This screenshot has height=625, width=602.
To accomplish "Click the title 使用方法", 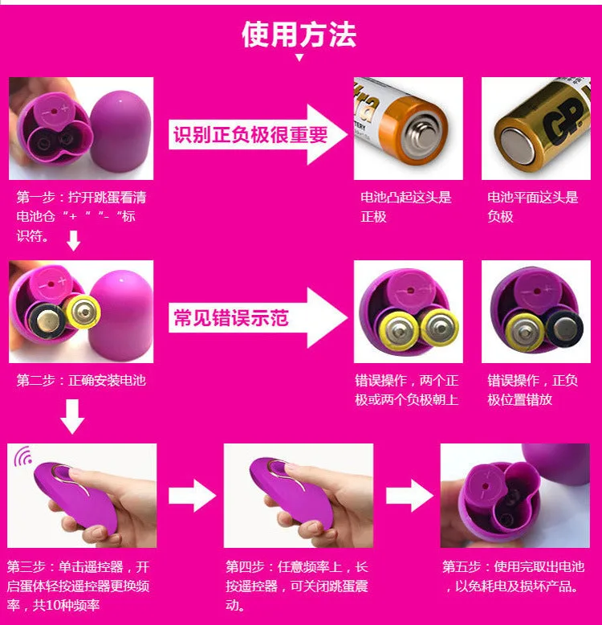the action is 299,35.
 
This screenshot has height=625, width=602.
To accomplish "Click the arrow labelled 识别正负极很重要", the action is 257,134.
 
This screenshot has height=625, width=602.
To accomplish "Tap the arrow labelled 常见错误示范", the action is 257,317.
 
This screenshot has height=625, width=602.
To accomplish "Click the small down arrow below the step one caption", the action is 73,240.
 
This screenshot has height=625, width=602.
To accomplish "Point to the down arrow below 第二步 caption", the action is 72,417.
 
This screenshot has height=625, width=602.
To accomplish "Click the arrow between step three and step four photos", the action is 193,496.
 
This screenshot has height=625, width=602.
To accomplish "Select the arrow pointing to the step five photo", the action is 409,496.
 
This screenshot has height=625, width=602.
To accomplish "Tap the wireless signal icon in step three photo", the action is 23,456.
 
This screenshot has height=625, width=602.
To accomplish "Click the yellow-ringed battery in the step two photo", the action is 83,311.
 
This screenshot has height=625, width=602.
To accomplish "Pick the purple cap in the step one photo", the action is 121,132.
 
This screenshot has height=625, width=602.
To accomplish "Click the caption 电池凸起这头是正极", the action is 405,206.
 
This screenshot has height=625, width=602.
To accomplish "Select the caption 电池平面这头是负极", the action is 533,206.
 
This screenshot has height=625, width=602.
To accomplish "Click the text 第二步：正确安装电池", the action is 81,380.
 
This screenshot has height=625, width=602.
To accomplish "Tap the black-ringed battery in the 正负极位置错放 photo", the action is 564,329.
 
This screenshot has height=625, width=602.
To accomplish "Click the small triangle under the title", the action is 299,58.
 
